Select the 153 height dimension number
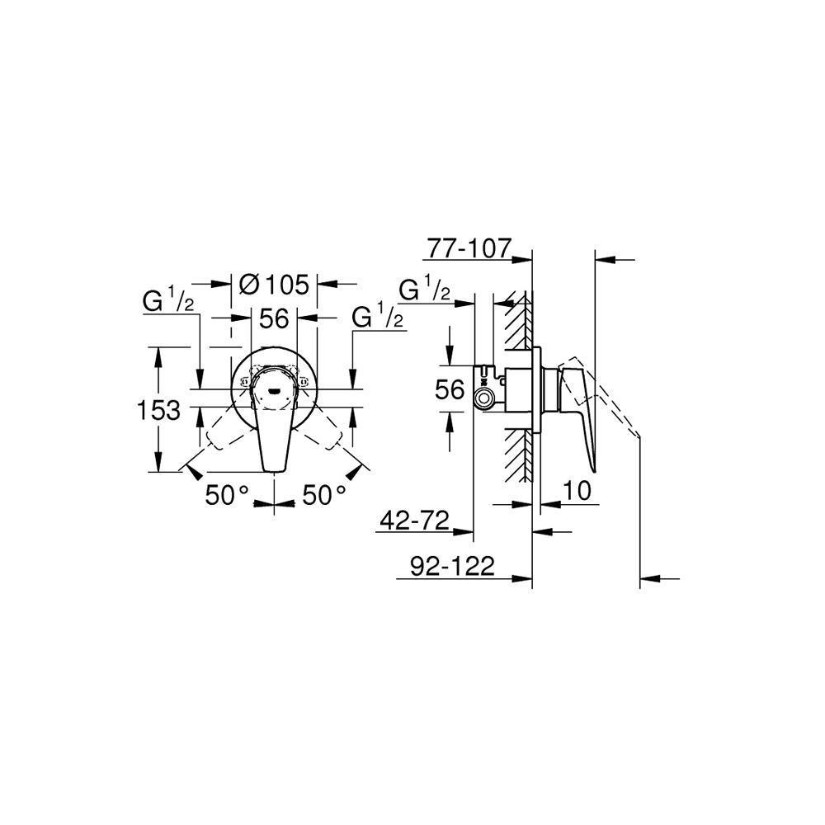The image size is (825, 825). click(x=159, y=409)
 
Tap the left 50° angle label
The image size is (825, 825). click(x=227, y=495)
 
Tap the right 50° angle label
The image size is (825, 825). click(x=324, y=495)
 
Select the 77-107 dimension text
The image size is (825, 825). click(x=469, y=247)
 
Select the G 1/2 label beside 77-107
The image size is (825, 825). click(x=424, y=291)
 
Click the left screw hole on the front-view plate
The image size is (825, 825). click(x=244, y=382)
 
